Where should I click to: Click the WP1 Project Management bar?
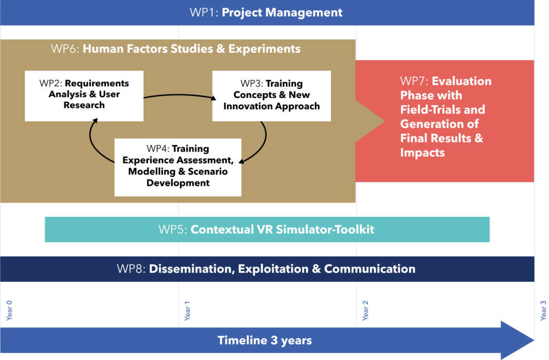[267, 13]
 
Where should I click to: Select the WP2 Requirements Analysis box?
[84, 96]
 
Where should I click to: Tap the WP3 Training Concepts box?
[271, 96]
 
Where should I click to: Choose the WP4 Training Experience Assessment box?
[178, 167]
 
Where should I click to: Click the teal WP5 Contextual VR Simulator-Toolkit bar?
[267, 229]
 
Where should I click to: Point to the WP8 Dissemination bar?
[267, 269]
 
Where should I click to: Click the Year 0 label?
[10, 310]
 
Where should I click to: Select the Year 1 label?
[187, 311]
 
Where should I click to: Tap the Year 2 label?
[365, 310]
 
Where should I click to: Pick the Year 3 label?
[543, 310]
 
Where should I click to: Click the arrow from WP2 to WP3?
[179, 95]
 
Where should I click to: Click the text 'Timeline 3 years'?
[265, 340]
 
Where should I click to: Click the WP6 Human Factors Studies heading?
[176, 49]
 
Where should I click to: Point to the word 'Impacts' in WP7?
[422, 153]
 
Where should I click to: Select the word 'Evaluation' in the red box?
[462, 81]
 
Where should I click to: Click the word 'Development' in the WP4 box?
[178, 183]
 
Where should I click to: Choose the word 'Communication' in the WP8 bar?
[370, 269]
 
